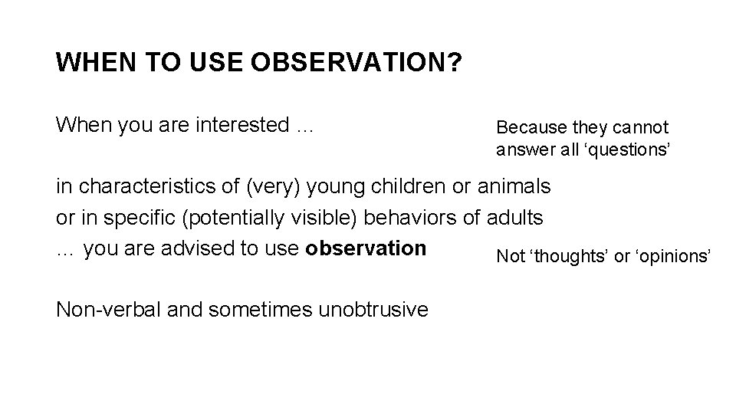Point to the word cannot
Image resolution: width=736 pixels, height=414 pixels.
point(643,127)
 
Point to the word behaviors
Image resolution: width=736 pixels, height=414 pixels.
point(415,218)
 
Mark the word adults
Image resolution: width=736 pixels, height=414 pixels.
point(516,218)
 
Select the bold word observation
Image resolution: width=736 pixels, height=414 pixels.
point(366,248)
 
